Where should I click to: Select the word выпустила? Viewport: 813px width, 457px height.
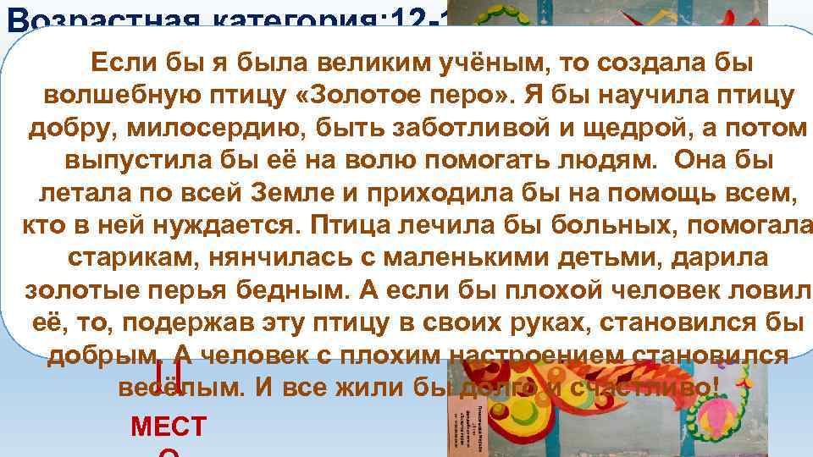(x=132, y=161)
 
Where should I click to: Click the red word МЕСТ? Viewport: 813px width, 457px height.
(x=169, y=427)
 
